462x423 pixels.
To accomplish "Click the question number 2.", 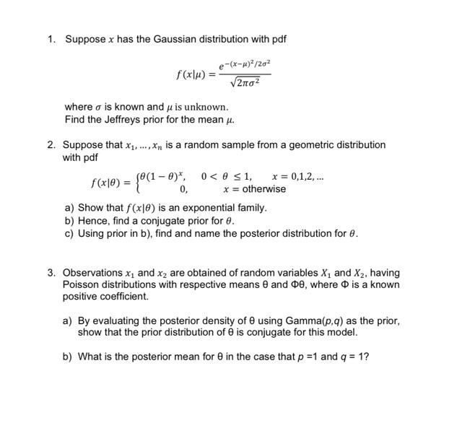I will click(51, 145).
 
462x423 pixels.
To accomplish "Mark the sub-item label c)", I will click(69, 234).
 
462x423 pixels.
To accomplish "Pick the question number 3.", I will click(51, 273).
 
